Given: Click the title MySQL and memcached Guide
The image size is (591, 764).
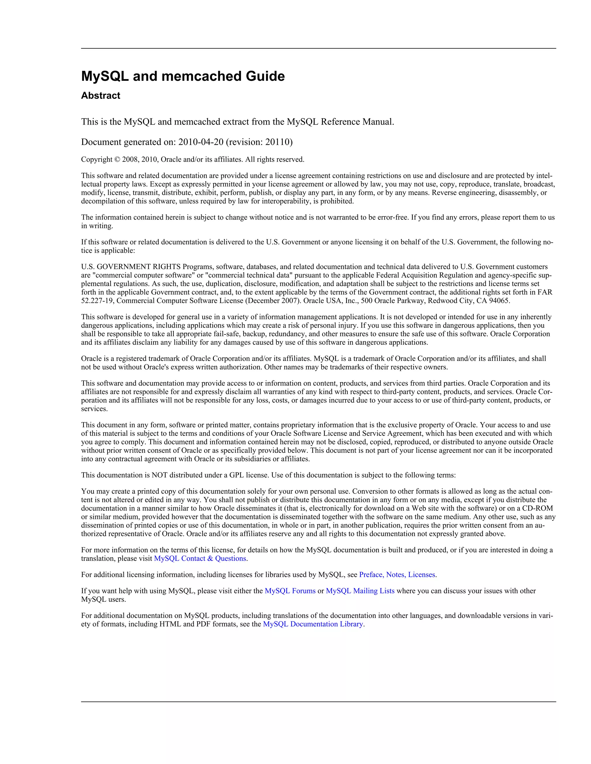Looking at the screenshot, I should click(x=183, y=76).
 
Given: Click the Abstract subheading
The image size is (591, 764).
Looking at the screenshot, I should click(x=100, y=95).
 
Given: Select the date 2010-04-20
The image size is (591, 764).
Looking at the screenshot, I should click(x=201, y=142).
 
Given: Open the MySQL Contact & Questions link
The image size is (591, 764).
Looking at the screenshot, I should click(x=200, y=558).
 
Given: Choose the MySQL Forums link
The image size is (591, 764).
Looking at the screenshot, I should click(x=290, y=591).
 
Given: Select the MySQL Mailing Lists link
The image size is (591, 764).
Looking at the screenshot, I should click(x=360, y=591).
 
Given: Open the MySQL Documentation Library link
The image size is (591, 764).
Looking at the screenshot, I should click(x=313, y=624).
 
